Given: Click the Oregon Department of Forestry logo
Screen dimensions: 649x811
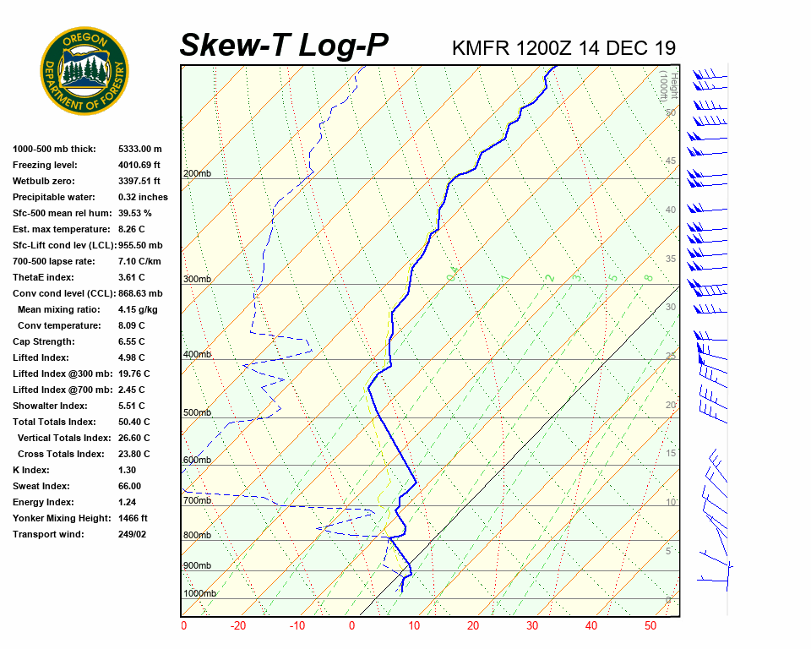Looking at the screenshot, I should [x=84, y=71].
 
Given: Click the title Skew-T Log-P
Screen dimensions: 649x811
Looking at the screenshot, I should [x=284, y=46].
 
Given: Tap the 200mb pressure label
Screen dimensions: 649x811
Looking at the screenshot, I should [x=197, y=174].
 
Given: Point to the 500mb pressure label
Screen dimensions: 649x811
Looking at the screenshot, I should [x=197, y=413].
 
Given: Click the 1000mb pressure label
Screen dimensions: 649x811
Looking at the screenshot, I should [x=199, y=594].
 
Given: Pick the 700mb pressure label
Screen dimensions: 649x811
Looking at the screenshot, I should [x=197, y=501].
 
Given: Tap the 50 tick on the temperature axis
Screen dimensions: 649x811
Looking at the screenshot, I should [x=650, y=626].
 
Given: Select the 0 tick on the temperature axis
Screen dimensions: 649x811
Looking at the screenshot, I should [x=352, y=626].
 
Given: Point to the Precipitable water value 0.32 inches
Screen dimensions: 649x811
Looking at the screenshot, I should [x=143, y=197].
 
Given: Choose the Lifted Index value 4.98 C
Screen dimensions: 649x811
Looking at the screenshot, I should [x=130, y=357].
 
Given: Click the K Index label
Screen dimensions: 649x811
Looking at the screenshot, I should [x=32, y=470].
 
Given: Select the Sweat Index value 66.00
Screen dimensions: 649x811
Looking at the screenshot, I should [x=129, y=486].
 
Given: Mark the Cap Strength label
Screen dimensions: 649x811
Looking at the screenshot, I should [x=43, y=341].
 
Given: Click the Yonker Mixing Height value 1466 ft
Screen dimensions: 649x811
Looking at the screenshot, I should [x=133, y=518].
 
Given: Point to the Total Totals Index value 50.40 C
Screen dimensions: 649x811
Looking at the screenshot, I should [x=133, y=422].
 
